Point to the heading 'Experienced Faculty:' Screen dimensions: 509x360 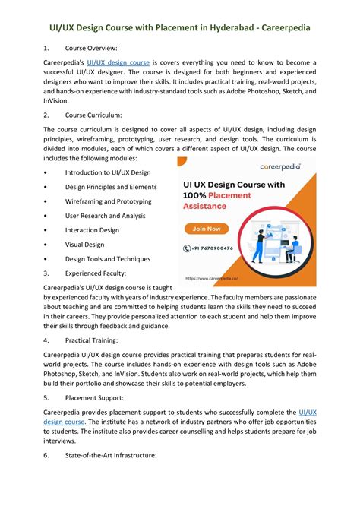96,273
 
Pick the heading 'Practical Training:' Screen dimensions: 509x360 93,341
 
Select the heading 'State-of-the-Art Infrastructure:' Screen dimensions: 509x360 111,455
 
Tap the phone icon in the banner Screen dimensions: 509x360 187,248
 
